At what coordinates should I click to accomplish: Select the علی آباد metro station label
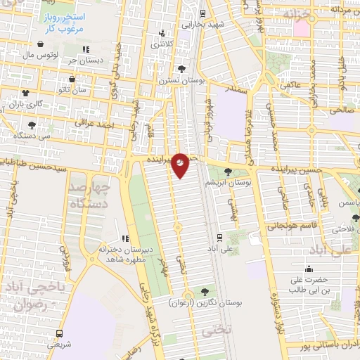[x=219, y=249]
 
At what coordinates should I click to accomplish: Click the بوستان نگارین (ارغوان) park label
[x=205, y=302]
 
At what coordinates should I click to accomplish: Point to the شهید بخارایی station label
[x=202, y=23]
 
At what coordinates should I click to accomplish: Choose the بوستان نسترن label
[x=182, y=81]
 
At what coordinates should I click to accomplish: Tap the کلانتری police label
[x=162, y=44]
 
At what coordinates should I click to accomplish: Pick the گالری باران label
[x=25, y=103]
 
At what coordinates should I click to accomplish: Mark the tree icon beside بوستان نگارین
[x=205, y=290]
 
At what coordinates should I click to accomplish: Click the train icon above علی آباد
[x=219, y=237]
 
